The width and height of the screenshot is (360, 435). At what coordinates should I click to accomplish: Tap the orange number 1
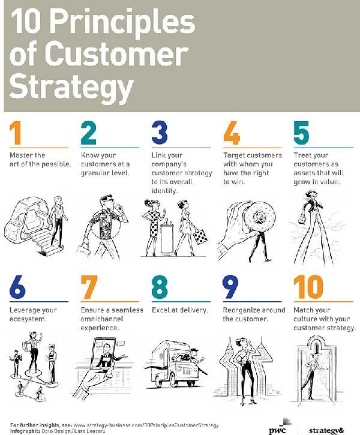(x=16, y=133)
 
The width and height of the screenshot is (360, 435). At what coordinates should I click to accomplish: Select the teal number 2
(x=88, y=133)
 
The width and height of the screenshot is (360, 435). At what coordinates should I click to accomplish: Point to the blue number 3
(x=160, y=133)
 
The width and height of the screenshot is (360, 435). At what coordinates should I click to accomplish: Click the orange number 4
(x=232, y=133)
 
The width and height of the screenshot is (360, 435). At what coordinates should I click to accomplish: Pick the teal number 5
(x=301, y=133)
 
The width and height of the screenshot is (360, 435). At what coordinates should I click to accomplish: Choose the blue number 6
(x=17, y=287)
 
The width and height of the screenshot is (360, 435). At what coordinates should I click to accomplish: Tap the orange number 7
(x=89, y=287)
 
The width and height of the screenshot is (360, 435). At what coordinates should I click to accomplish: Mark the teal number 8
(x=160, y=287)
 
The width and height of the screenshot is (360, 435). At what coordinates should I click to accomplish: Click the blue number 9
(x=230, y=287)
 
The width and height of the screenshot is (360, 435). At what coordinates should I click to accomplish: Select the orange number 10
(x=308, y=287)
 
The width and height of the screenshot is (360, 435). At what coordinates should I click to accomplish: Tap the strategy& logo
(x=326, y=430)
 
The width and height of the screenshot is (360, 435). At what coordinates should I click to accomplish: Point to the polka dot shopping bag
(x=200, y=236)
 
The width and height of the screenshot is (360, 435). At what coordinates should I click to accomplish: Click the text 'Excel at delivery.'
(x=180, y=310)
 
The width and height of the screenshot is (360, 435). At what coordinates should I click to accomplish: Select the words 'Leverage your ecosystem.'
(x=33, y=314)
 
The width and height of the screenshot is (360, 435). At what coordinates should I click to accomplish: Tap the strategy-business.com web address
(x=146, y=425)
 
